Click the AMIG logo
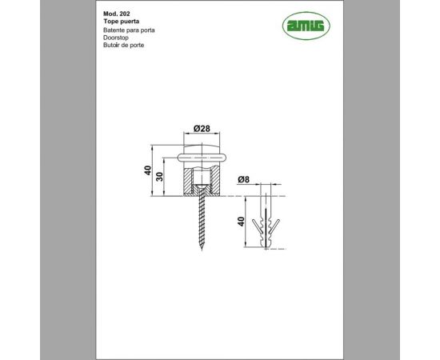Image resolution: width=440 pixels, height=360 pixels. tap(306, 26)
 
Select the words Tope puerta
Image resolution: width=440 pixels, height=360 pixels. tap(122, 22)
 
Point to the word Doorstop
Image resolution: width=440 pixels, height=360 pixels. tap(118, 37)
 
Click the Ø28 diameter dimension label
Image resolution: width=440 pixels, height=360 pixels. tap(201, 129)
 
